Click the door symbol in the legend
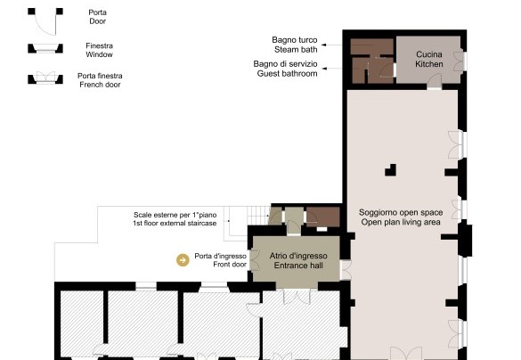(x=45, y=21)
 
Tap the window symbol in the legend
(x=45, y=48)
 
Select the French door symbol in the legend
(x=45, y=78)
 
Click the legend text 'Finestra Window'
(x=99, y=50)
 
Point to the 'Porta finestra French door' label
(x=100, y=80)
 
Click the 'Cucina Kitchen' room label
(x=429, y=59)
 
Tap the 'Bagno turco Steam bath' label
(x=295, y=45)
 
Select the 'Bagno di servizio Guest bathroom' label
(x=285, y=69)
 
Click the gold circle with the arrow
(x=183, y=260)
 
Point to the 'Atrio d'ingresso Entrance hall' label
(x=298, y=260)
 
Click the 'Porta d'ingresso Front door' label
(x=221, y=260)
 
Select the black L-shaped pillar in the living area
(x=392, y=171)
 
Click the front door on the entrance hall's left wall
(x=254, y=260)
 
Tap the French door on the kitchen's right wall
(x=459, y=61)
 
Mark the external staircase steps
(x=258, y=216)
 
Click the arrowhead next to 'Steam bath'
(x=323, y=45)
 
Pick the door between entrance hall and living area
(x=346, y=270)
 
